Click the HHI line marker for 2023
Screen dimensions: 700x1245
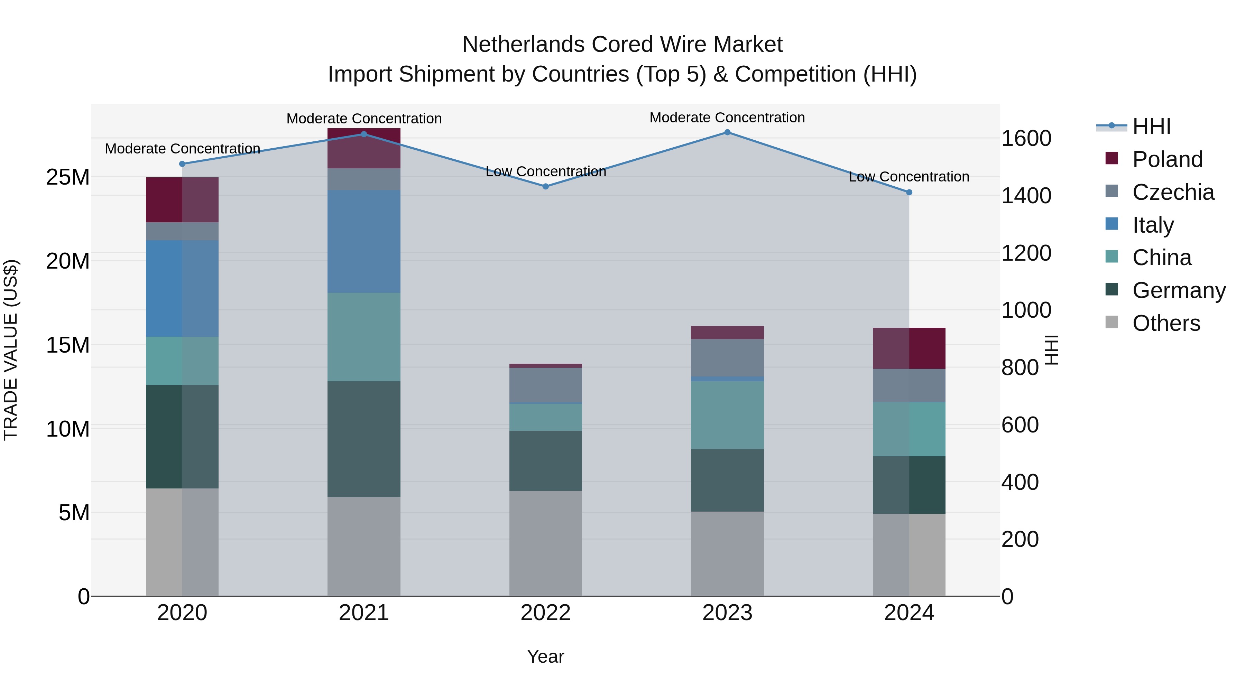pos(727,132)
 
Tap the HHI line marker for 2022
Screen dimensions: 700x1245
pos(546,186)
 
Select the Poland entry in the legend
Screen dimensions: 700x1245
pos(1167,159)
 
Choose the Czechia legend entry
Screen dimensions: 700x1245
pos(1172,192)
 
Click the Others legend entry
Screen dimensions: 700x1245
pos(1166,323)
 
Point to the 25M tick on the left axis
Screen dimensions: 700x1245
pos(68,177)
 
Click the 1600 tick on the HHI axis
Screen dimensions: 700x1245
pos(1026,139)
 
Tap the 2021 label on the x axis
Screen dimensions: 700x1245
pos(363,613)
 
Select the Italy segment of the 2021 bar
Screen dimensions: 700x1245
pos(363,242)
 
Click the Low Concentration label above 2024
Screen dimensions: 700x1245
pos(909,177)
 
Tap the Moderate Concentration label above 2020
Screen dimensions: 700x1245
pos(182,149)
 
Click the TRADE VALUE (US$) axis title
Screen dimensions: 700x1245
pos(11,350)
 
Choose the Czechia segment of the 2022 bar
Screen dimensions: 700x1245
pos(546,385)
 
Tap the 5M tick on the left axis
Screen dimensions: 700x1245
pos(74,513)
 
